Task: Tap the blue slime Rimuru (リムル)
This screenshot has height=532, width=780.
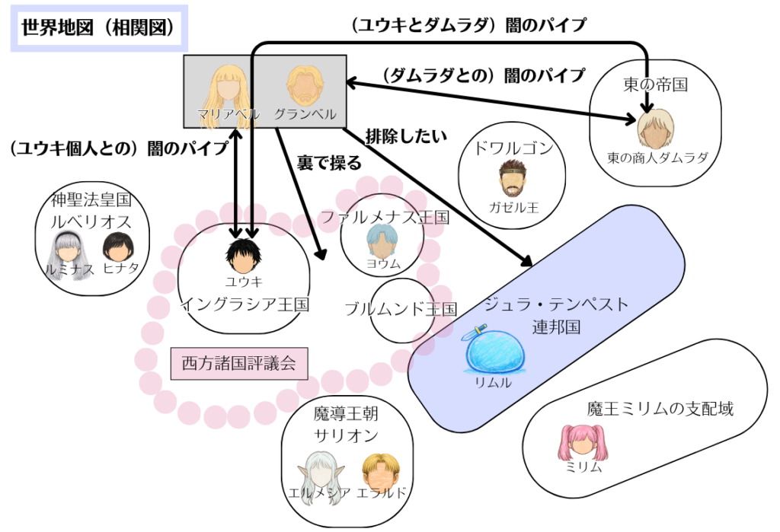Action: tap(494, 349)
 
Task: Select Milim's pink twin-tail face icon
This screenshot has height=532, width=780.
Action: tap(583, 442)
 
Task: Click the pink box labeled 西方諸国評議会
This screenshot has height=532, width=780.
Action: tap(238, 364)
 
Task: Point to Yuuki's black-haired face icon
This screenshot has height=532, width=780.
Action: tap(243, 256)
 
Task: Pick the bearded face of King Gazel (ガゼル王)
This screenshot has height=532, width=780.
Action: tap(513, 179)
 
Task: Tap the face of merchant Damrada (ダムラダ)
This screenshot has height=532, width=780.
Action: tap(656, 129)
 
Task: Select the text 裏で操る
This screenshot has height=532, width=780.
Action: tap(329, 163)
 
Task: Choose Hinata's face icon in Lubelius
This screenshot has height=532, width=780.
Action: tap(118, 247)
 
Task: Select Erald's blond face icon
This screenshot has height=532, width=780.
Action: tap(381, 471)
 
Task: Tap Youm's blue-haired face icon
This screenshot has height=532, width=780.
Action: tap(382, 241)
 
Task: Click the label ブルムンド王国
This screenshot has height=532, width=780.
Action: tap(401, 309)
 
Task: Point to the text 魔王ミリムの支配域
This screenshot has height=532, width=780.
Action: tap(660, 409)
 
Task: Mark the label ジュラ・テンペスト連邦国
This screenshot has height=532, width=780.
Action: tap(556, 315)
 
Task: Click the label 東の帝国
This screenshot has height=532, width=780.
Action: tap(655, 84)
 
